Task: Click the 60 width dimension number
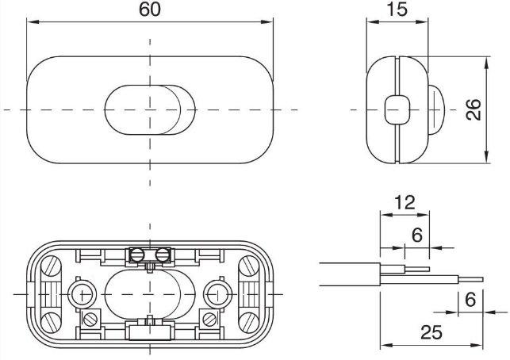(x=150, y=10)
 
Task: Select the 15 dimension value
(x=397, y=10)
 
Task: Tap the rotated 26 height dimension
(x=474, y=109)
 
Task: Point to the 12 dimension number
(x=405, y=203)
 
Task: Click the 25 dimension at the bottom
(x=431, y=332)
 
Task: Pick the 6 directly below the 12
(x=417, y=235)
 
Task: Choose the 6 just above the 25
(x=470, y=300)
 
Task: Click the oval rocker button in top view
(x=150, y=110)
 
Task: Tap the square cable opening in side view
(x=397, y=109)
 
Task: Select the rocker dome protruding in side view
(x=436, y=109)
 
